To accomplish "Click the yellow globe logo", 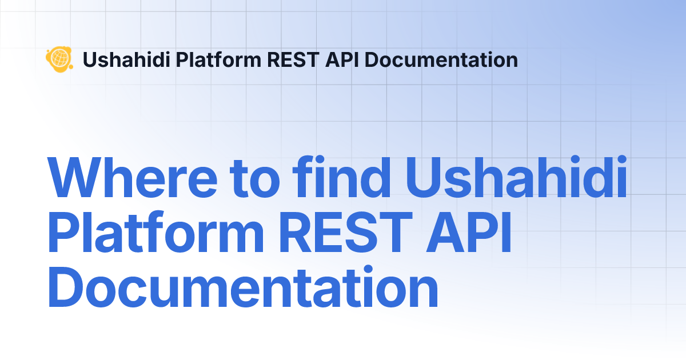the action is pyautogui.click(x=59, y=59).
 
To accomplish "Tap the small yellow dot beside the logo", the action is pyautogui.click(x=71, y=66).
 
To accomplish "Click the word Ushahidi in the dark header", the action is pyautogui.click(x=126, y=59).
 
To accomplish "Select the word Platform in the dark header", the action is pyautogui.click(x=218, y=59).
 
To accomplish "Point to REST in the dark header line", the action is pyautogui.click(x=293, y=59).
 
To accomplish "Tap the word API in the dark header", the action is pyautogui.click(x=342, y=59).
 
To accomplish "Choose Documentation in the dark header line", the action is pyautogui.click(x=441, y=59).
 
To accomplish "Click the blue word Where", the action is pyautogui.click(x=132, y=178).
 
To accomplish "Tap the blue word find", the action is pyautogui.click(x=341, y=177).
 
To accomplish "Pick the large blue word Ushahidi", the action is pyautogui.click(x=516, y=177).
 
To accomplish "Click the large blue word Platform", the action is pyautogui.click(x=155, y=231).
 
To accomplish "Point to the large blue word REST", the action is pyautogui.click(x=346, y=232).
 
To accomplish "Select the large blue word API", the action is pyautogui.click(x=469, y=232).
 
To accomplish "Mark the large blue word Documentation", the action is pyautogui.click(x=243, y=286).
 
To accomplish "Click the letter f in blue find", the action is pyautogui.click(x=304, y=177).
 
